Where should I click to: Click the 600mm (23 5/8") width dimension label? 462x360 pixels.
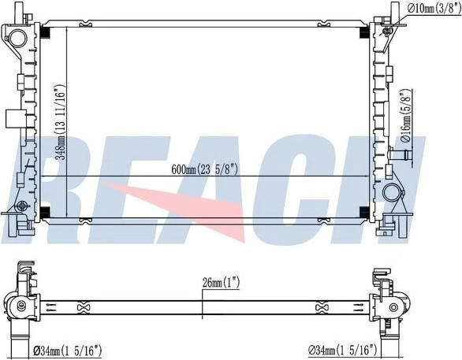204,169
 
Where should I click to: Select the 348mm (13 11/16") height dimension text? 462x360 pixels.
61,122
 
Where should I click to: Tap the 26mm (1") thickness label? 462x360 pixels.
221,283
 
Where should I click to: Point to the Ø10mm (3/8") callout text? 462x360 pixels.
434,8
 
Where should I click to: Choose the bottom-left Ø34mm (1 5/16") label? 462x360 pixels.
68,351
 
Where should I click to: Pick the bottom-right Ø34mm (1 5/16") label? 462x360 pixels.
343,350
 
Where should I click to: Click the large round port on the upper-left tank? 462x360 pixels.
15,37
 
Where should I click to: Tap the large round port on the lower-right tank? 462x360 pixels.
391,191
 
